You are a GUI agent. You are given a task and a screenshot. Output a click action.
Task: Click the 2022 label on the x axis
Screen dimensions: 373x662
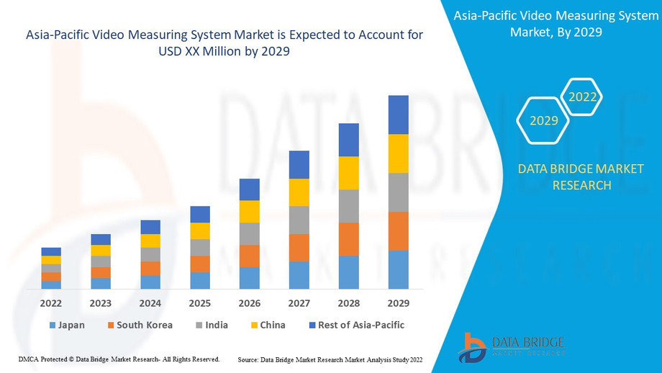(51, 303)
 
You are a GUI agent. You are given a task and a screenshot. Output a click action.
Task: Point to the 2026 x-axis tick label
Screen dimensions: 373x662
(249, 303)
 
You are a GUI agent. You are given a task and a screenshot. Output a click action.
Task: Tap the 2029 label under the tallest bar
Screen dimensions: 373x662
(398, 303)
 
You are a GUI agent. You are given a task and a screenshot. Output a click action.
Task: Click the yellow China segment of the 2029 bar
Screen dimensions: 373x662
(398, 153)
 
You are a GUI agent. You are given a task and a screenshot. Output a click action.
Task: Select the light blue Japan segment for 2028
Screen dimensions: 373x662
(348, 272)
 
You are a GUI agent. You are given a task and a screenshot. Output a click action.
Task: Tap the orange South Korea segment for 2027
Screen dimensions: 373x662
(299, 248)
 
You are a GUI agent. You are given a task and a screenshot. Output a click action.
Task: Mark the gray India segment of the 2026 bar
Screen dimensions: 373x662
(249, 233)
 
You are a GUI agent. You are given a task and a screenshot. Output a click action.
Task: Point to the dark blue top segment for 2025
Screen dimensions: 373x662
(200, 214)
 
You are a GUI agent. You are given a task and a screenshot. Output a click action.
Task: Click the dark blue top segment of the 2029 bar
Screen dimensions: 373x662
(398, 114)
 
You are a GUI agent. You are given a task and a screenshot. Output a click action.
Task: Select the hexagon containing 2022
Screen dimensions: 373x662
(582, 96)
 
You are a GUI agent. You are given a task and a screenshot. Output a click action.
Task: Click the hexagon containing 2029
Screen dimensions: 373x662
(544, 120)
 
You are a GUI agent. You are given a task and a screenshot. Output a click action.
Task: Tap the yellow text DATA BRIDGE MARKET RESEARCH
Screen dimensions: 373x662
(581, 177)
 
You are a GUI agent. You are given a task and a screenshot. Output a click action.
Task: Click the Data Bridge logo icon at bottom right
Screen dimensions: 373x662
(473, 347)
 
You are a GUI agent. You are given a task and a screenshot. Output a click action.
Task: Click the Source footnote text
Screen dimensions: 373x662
(330, 359)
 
